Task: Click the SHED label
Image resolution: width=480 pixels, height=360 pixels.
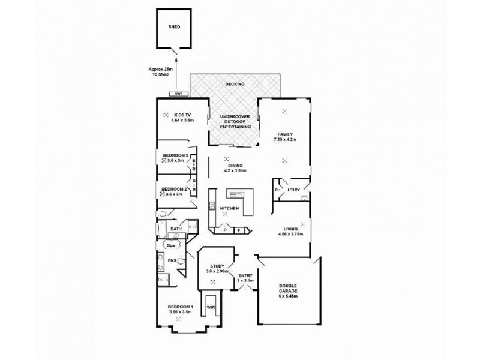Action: coord(175,27)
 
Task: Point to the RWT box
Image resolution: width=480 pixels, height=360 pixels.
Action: coord(178,94)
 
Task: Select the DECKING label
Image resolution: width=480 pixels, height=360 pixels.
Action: coord(235,85)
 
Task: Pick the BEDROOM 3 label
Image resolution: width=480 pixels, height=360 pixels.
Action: coord(176,156)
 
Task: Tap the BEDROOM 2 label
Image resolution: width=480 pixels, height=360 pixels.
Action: coord(176,189)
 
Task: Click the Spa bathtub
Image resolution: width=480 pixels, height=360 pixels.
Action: coord(170,246)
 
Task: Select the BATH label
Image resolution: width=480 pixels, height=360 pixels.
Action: coord(175,229)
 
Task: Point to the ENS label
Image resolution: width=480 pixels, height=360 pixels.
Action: coord(171,260)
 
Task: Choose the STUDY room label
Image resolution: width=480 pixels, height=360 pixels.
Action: coord(217,266)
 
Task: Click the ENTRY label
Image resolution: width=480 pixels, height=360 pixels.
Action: coord(245,275)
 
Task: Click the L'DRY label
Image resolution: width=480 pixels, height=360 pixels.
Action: coord(293,190)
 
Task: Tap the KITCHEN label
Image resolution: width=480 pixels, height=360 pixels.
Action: coord(229,208)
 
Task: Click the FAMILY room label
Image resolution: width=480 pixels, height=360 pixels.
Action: coord(284,134)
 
